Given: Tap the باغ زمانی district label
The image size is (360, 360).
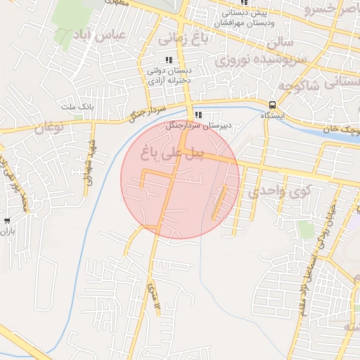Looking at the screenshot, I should (x=182, y=37).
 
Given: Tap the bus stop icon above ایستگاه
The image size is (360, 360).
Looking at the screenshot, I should (x=272, y=104).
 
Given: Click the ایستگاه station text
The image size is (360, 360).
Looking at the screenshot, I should (x=272, y=115).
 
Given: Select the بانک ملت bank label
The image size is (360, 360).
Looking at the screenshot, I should (x=77, y=106).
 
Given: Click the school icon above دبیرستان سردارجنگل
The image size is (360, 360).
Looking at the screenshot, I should (x=199, y=115).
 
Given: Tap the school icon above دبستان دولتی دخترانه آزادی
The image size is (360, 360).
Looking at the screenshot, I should (x=168, y=60).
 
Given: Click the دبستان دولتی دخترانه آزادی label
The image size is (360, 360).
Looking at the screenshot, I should (x=169, y=75).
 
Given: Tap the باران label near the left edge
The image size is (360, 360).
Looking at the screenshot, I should (x=7, y=230).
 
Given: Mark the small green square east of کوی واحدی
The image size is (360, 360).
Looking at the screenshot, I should (x=304, y=229).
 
